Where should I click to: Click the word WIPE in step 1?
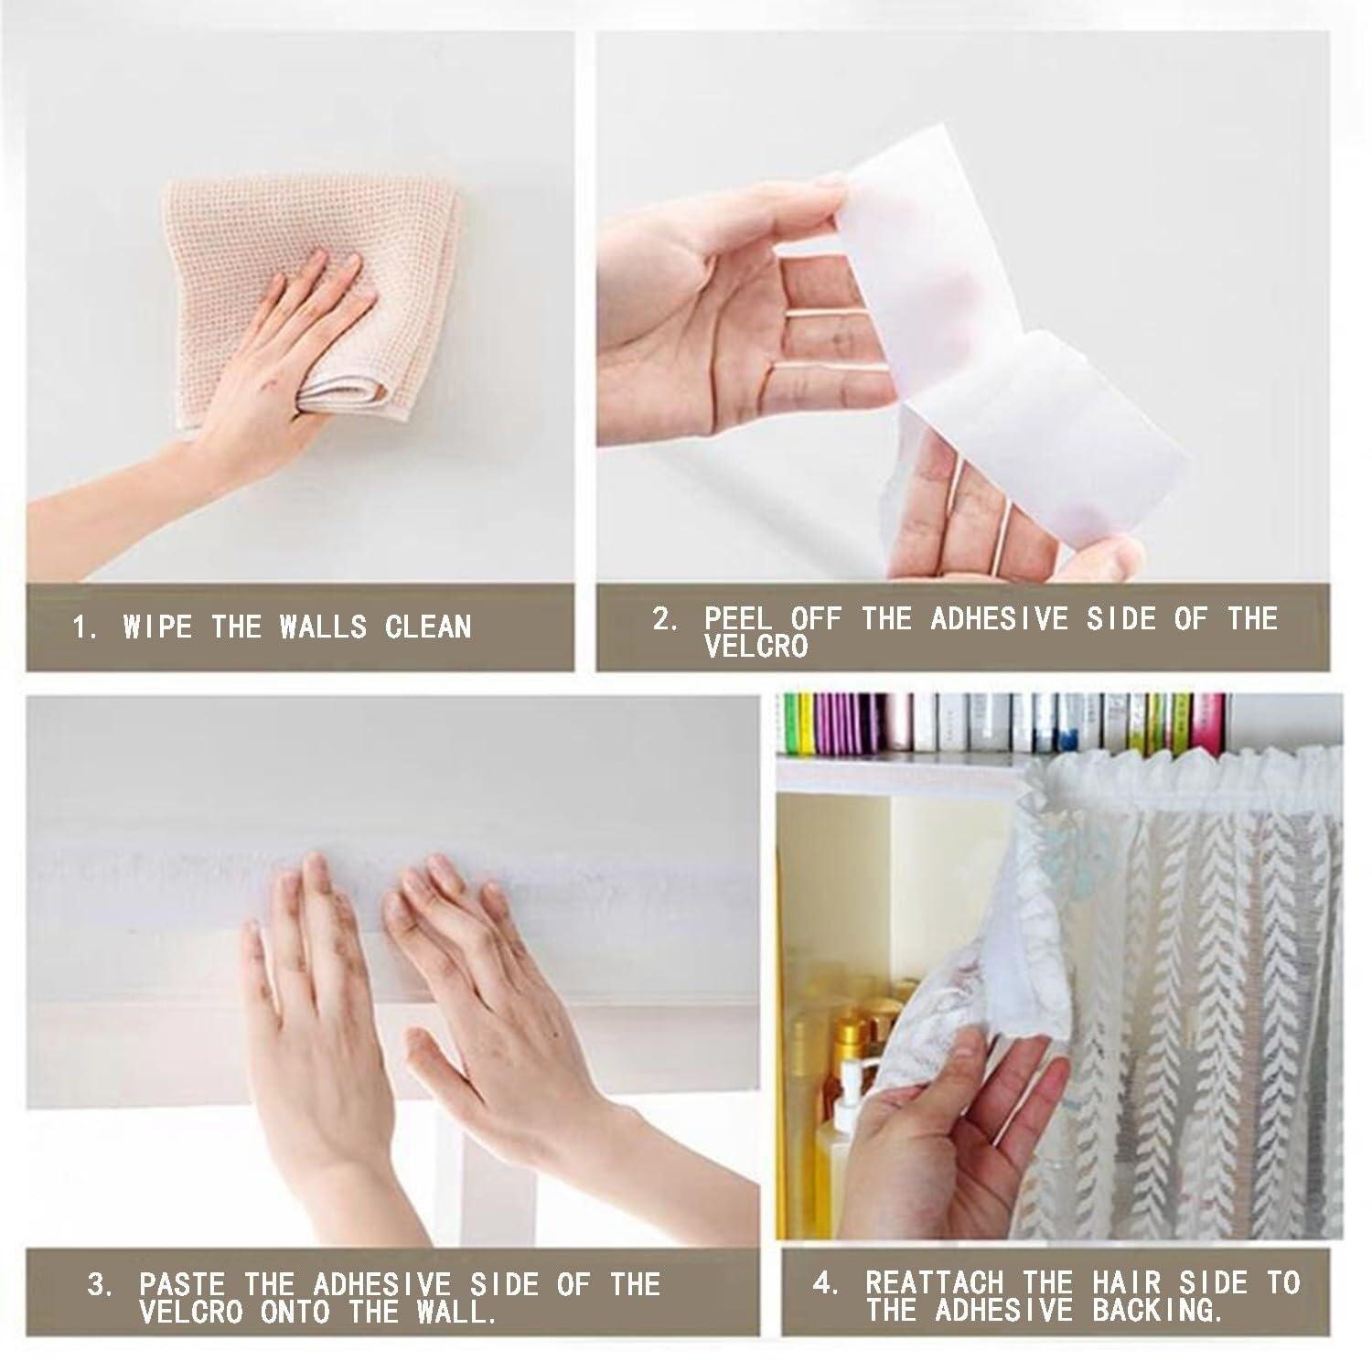click(157, 627)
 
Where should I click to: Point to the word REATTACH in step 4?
click(935, 1282)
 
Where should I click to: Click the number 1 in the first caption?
click(83, 627)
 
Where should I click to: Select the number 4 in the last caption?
click(826, 1282)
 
